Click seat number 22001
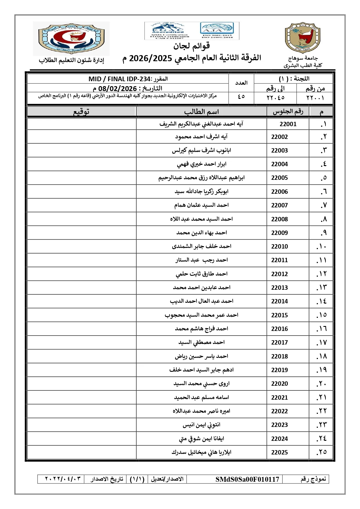point(288,124)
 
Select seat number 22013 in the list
point(279,288)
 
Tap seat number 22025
point(279,452)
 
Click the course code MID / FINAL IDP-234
point(120,79)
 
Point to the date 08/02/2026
point(117,88)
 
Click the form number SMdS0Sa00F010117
point(247,479)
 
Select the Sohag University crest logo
point(302,38)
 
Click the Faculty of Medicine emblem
point(71,38)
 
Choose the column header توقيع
point(81,112)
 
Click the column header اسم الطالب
point(201,112)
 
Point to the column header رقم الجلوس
point(288,112)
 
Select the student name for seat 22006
point(201,191)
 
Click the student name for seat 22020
point(201,384)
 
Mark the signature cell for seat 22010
point(82,246)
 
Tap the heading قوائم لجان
point(191,46)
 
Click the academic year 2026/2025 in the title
point(151,58)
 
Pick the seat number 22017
point(279,343)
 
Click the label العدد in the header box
point(241,83)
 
